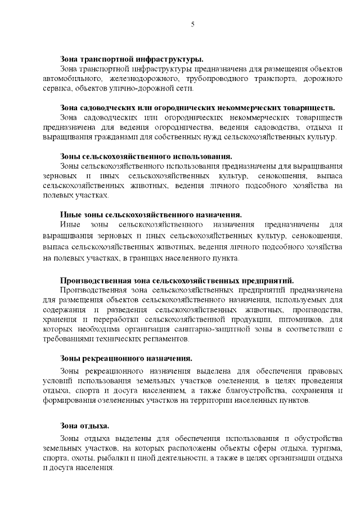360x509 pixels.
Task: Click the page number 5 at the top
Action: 192,24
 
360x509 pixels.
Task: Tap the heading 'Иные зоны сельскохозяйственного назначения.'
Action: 151,214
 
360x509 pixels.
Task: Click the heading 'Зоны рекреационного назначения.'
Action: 127,358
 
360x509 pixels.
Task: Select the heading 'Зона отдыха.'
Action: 84,426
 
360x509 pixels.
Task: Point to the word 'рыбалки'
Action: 110,458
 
